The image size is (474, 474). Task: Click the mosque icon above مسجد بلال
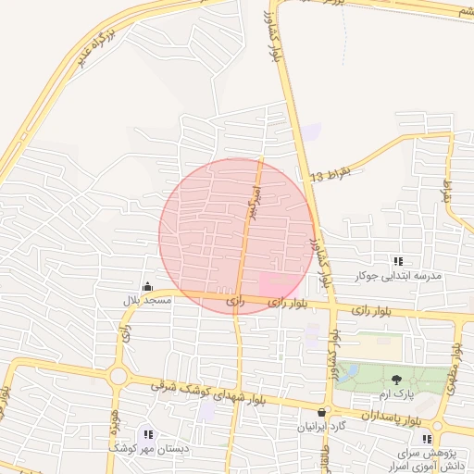coord(147,286)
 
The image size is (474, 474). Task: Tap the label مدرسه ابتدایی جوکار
coord(399,276)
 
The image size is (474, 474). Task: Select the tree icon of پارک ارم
coord(397,380)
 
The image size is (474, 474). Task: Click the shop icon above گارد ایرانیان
coord(321,413)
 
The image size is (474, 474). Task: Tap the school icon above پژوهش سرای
coord(427,439)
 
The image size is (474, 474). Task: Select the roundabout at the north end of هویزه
coord(118,376)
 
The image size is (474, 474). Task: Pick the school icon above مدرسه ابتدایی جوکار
coord(399,262)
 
